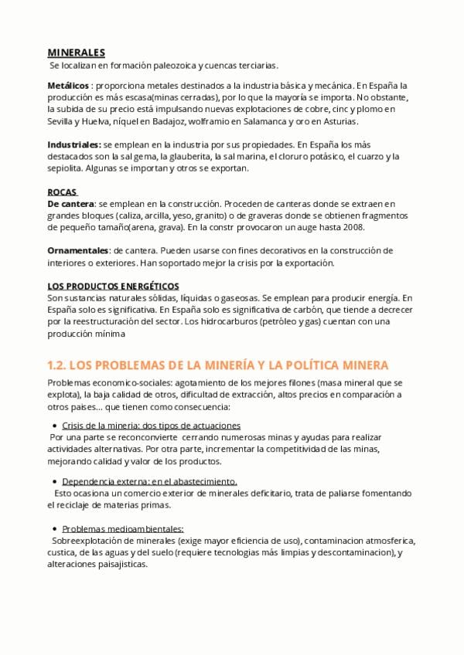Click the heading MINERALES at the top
tap(76, 53)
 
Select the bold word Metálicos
tap(68, 85)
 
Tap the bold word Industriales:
tap(74, 144)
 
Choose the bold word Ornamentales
tap(78, 250)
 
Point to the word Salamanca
tap(264, 121)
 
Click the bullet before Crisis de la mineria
tap(54, 426)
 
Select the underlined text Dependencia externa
tap(100, 481)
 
